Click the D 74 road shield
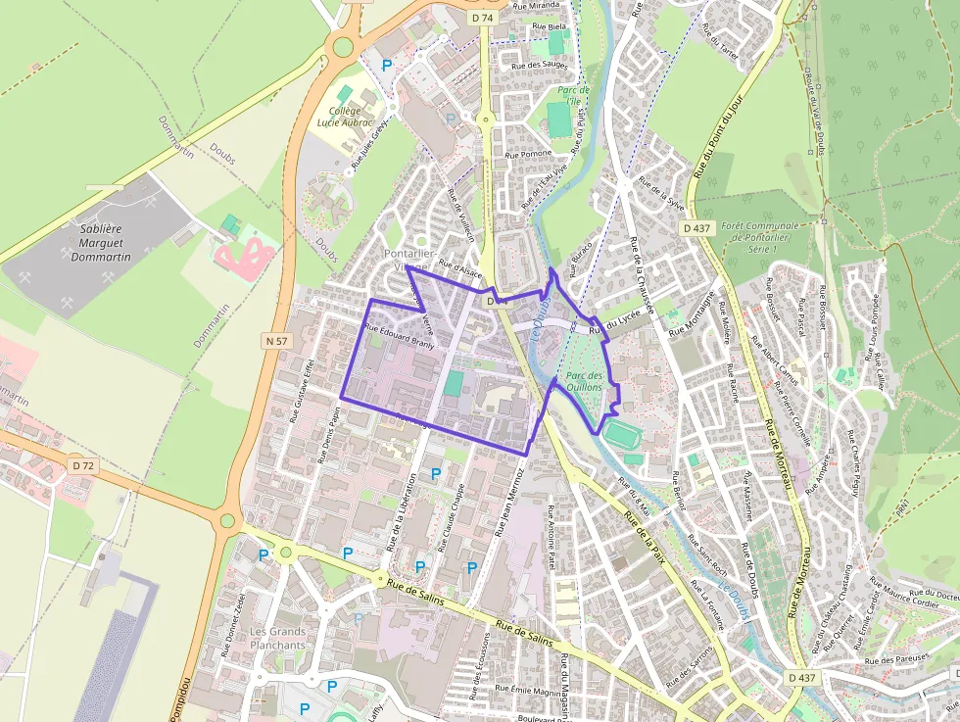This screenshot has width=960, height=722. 481,18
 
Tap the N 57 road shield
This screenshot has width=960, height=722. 277,341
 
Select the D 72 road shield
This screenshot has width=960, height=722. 82,465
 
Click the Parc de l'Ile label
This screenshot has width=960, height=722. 569,95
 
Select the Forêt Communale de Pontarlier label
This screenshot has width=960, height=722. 761,237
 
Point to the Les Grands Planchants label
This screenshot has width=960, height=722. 277,638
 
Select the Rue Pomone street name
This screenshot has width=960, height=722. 528,154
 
